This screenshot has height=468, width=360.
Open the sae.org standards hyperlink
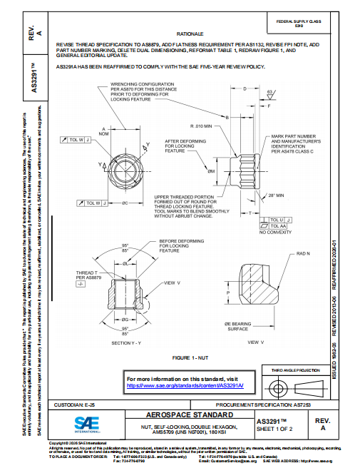tap(185, 385)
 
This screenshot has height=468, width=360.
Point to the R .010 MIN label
tap(202, 125)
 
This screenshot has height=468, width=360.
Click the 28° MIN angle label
tap(276, 195)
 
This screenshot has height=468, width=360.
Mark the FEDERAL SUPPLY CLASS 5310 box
tap(299, 23)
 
